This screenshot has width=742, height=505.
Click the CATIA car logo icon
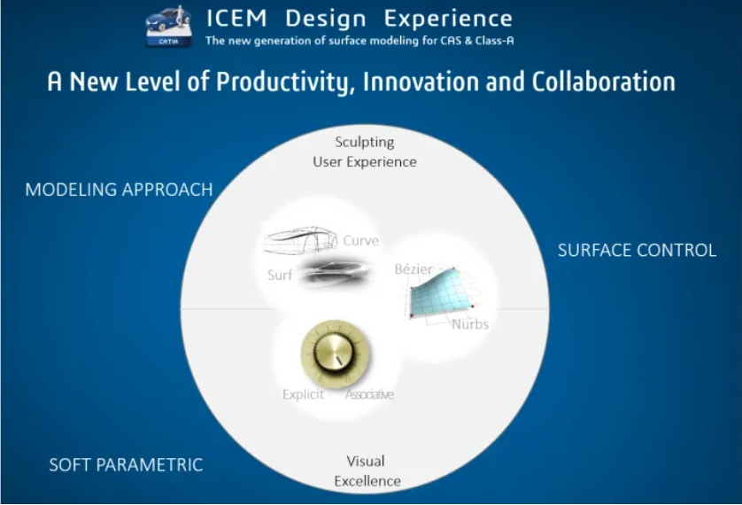(x=168, y=26)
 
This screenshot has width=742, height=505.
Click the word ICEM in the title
(x=236, y=19)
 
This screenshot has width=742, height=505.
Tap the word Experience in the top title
(x=448, y=19)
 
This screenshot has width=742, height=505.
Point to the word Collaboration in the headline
(x=603, y=82)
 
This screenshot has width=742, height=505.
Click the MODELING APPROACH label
(x=119, y=190)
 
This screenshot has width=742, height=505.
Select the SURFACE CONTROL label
(x=637, y=250)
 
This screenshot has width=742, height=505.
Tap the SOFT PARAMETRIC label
(x=126, y=465)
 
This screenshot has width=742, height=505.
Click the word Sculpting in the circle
(x=365, y=143)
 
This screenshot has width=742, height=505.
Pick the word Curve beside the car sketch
(x=360, y=240)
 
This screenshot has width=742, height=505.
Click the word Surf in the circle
(x=280, y=275)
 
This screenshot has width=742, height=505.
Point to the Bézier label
(x=414, y=268)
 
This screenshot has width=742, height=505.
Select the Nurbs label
(x=470, y=324)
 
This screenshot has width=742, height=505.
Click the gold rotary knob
(x=335, y=353)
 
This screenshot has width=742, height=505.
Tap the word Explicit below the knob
(x=304, y=394)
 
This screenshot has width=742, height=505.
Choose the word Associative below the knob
(x=369, y=394)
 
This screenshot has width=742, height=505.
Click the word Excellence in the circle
(x=367, y=481)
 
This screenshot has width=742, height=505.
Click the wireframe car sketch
(x=300, y=241)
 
